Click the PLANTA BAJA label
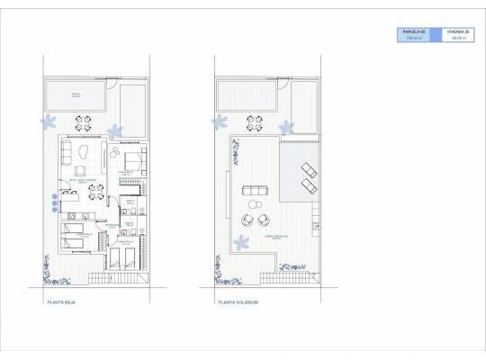click(x=61, y=303)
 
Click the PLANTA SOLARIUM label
click(x=238, y=303)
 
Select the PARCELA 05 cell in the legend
click(x=414, y=35)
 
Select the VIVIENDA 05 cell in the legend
click(x=455, y=35)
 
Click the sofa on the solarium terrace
click(x=251, y=189)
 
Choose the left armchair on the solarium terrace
click(x=247, y=218)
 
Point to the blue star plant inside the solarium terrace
click(x=240, y=241)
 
